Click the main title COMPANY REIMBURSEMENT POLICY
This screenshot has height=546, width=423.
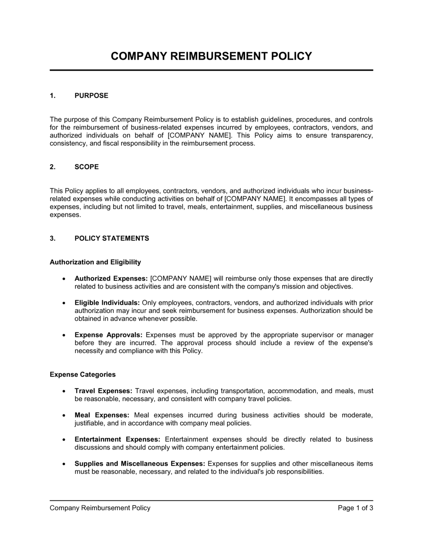click(x=211, y=56)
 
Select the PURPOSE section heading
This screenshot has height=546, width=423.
click(x=91, y=96)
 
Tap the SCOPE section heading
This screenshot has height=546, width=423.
click(x=87, y=167)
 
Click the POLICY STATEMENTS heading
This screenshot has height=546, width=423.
click(x=112, y=238)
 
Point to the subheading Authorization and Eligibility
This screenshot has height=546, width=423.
click(x=95, y=262)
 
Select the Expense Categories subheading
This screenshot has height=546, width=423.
click(x=82, y=375)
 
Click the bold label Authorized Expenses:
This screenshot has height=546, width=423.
click(x=111, y=279)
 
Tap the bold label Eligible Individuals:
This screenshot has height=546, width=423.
click(x=107, y=303)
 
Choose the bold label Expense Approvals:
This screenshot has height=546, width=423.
click(x=108, y=335)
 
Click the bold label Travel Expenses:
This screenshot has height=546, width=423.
click(x=104, y=391)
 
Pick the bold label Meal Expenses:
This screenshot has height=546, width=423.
click(x=102, y=415)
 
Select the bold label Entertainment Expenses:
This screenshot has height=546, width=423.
click(x=117, y=439)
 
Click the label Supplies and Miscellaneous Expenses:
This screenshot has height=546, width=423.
click(x=140, y=463)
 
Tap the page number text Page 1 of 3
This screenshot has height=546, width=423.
click(x=355, y=508)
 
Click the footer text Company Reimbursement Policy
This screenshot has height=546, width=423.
click(x=100, y=508)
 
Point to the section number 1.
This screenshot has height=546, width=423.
click(x=52, y=96)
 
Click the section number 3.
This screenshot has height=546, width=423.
click(x=52, y=238)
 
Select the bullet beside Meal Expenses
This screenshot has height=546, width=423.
click(x=63, y=416)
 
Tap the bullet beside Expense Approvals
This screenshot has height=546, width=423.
click(x=63, y=335)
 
